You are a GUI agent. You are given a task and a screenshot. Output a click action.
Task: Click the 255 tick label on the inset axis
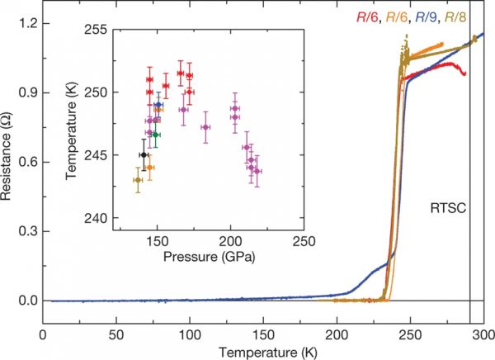tap(97, 29)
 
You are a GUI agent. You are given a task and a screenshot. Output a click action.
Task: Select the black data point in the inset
tap(144, 155)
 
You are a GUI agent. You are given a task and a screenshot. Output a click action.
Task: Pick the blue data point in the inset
tap(158, 105)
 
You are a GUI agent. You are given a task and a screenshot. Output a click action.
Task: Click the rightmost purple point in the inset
tap(257, 172)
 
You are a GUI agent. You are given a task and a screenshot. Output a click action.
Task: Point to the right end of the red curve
tap(465, 73)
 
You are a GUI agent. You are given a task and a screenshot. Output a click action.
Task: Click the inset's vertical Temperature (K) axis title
tap(73, 124)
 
